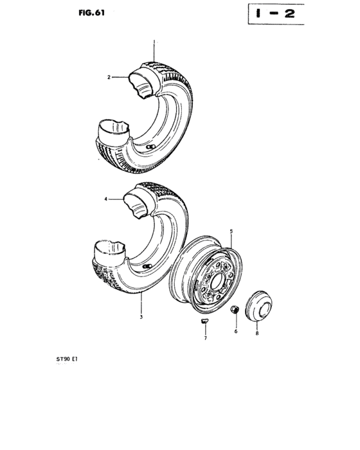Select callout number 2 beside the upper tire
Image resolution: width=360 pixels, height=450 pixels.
(x=109, y=78)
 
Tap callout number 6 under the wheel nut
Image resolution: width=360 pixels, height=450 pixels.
(x=235, y=331)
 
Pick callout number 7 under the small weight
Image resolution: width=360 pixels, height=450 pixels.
(x=206, y=339)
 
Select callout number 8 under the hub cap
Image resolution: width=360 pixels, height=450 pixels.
(x=257, y=333)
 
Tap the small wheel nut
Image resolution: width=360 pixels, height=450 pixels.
(x=235, y=311)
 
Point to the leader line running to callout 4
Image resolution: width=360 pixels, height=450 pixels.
(x=119, y=200)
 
